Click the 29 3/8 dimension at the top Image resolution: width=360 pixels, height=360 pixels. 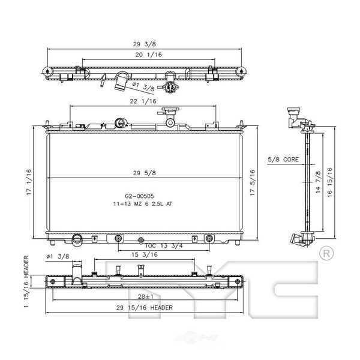pos(144,44)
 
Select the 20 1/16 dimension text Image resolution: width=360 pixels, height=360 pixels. pos(149,55)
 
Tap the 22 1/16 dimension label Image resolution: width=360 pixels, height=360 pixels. pos(143,101)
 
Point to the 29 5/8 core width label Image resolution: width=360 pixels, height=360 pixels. pos(145,173)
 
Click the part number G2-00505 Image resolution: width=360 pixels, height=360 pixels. pos(139,196)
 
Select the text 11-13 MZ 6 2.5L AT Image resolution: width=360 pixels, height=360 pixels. pos(143,204)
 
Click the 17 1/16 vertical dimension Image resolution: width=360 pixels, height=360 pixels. pos(29,182)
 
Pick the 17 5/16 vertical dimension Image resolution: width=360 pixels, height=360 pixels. pos(253,183)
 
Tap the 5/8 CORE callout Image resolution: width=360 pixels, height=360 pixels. pos(283,160)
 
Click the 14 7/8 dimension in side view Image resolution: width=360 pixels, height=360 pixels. pos(318,182)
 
